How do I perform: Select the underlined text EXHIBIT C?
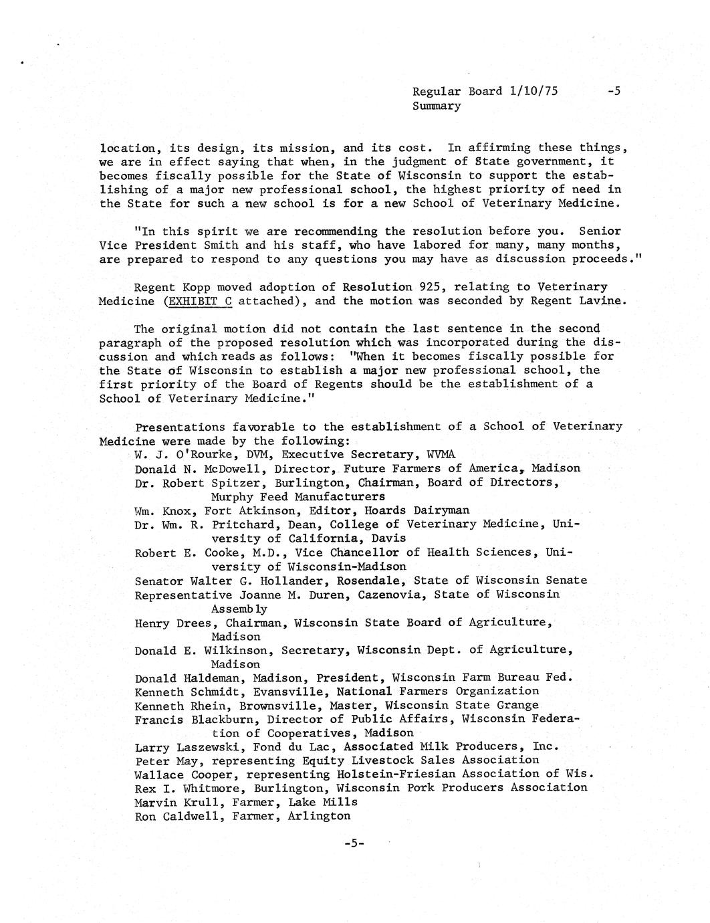tap(199, 301)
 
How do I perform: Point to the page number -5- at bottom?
tap(354, 843)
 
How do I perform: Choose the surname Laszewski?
tap(201, 746)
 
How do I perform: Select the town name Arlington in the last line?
tap(318, 815)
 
